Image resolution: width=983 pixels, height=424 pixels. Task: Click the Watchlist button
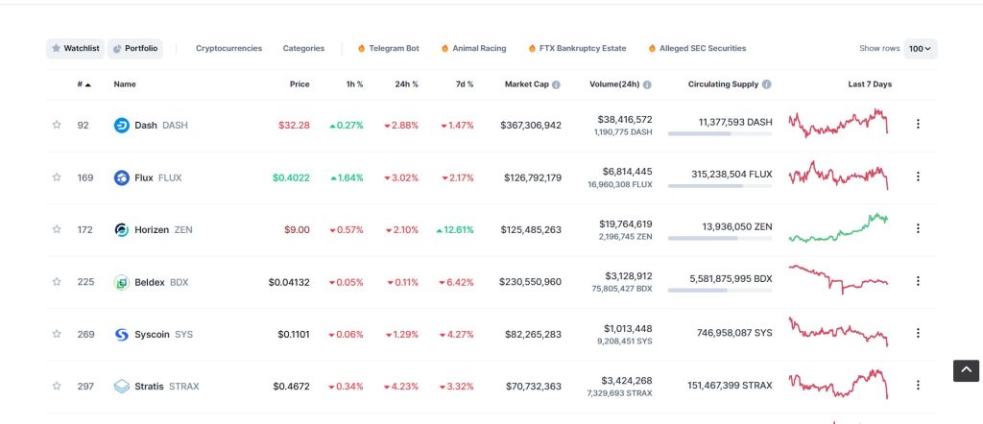click(75, 48)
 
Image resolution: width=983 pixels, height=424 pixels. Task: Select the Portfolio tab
click(134, 48)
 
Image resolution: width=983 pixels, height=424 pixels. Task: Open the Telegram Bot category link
click(388, 48)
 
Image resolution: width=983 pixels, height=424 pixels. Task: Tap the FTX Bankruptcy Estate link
click(577, 48)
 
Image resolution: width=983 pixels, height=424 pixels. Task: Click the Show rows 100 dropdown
click(922, 48)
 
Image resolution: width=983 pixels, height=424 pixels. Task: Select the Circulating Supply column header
click(723, 84)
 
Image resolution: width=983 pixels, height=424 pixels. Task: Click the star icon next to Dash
click(57, 125)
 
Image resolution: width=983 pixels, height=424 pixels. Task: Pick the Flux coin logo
click(122, 177)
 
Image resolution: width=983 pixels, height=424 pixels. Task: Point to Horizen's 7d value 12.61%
click(455, 229)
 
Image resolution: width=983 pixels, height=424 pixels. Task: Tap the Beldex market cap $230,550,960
click(530, 282)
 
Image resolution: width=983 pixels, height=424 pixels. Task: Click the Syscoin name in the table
click(152, 334)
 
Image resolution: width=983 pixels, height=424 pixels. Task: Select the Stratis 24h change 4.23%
click(401, 387)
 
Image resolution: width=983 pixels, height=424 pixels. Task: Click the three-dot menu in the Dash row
click(918, 124)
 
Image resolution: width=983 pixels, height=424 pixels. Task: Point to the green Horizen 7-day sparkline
click(838, 228)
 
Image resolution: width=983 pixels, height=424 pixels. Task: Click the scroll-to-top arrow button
click(966, 370)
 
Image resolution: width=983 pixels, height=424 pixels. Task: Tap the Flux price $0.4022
click(291, 177)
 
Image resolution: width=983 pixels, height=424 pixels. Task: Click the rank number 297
click(84, 387)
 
